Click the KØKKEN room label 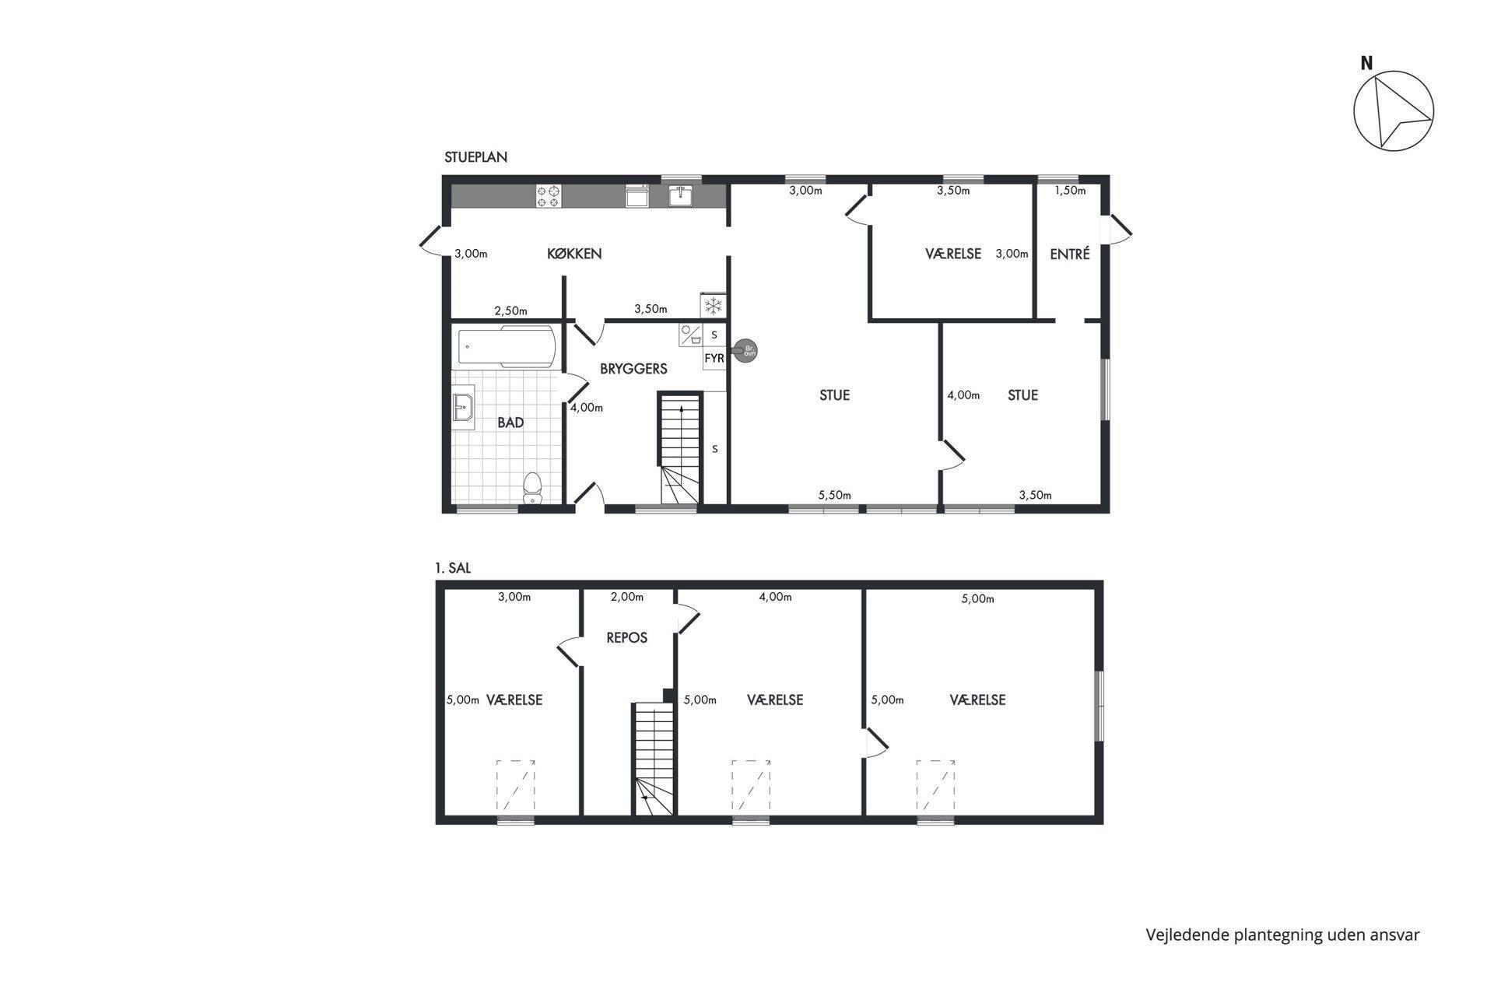(574, 254)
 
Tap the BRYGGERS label (633, 369)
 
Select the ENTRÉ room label (1070, 254)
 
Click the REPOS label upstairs (627, 638)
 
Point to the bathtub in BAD (507, 346)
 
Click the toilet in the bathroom (533, 488)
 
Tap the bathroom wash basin (463, 407)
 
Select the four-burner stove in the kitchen (549, 196)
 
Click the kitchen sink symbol (682, 195)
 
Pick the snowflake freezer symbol (713, 306)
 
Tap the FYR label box (714, 359)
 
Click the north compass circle (1394, 110)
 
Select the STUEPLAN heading (476, 157)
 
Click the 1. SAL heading (453, 569)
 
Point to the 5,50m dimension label (834, 495)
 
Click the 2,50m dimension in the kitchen (510, 310)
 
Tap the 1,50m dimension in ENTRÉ (1070, 191)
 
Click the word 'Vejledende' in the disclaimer (1187, 935)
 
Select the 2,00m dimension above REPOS (627, 597)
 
